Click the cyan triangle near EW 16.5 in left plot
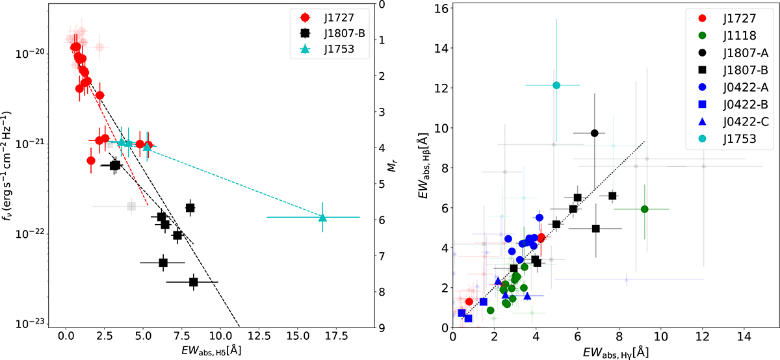tap(323, 218)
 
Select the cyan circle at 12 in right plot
tap(556, 85)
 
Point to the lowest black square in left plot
tap(193, 282)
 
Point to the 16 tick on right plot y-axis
tap(443, 8)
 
